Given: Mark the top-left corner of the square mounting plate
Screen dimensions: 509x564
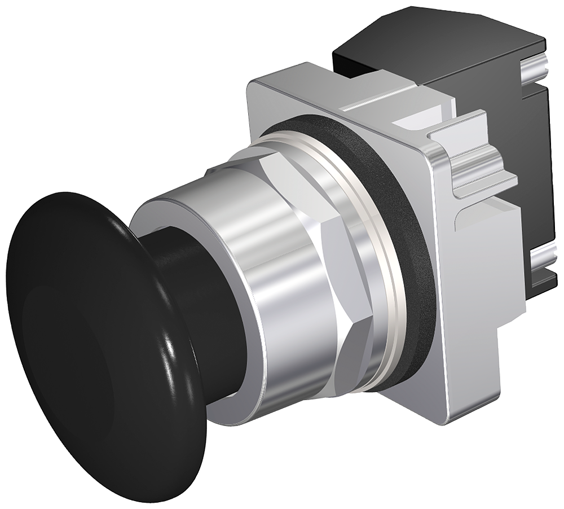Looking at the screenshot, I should click(254, 85).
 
